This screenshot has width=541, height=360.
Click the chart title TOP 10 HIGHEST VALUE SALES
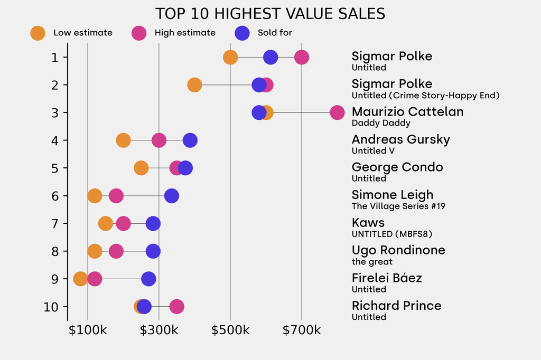[270, 14]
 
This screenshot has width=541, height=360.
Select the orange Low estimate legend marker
[38, 33]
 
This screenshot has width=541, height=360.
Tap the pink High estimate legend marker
[139, 33]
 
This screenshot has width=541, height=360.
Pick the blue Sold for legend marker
[242, 33]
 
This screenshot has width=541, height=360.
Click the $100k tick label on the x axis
[87, 330]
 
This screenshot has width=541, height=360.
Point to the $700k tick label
[301, 330]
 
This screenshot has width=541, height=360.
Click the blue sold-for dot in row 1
[270, 57]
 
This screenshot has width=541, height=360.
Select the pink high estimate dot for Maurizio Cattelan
[337, 112]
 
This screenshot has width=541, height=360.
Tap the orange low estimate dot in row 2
[194, 85]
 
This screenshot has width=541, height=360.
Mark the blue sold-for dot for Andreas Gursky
[190, 140]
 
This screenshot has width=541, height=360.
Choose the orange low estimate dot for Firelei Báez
[80, 279]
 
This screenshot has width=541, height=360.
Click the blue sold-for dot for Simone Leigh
[171, 196]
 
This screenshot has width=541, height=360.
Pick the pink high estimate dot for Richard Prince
[177, 306]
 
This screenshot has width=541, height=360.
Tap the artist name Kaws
[368, 222]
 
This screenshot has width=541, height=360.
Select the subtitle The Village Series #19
[398, 206]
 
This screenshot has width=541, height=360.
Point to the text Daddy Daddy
[374, 123]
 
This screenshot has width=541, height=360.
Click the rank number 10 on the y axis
[55, 307]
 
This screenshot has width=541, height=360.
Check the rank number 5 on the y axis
[55, 168]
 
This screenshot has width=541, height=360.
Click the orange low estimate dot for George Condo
[141, 168]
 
